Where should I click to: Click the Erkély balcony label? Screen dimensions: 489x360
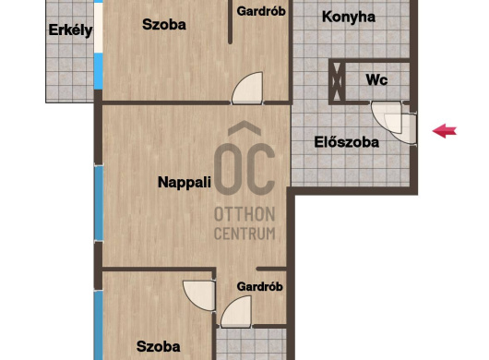pyautogui.click(x=70, y=30)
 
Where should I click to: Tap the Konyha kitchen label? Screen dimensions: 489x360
pyautogui.click(x=349, y=17)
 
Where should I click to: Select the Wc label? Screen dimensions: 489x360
pyautogui.click(x=376, y=80)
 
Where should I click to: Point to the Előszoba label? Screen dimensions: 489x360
pyautogui.click(x=347, y=142)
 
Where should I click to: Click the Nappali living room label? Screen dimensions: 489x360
pyautogui.click(x=185, y=183)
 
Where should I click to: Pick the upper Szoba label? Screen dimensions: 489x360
pyautogui.click(x=164, y=24)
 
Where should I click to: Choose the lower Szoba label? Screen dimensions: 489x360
pyautogui.click(x=159, y=346)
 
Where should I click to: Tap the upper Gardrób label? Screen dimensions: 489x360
pyautogui.click(x=261, y=11)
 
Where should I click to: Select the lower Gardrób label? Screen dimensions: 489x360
pyautogui.click(x=260, y=286)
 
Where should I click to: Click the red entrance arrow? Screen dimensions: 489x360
pyautogui.click(x=445, y=131)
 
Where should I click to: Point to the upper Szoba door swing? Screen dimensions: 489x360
pyautogui.click(x=247, y=88)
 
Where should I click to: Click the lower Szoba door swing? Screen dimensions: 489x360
pyautogui.click(x=199, y=295)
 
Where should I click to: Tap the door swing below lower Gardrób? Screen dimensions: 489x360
pyautogui.click(x=236, y=312)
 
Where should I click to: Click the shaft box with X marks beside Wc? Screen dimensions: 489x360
pyautogui.click(x=337, y=81)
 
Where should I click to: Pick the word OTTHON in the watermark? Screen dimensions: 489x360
pyautogui.click(x=244, y=214)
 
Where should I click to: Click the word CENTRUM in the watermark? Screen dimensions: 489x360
pyautogui.click(x=244, y=234)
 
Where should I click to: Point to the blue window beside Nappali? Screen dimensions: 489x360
pyautogui.click(x=99, y=203)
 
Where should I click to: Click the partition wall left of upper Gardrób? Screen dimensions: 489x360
pyautogui.click(x=230, y=21)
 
